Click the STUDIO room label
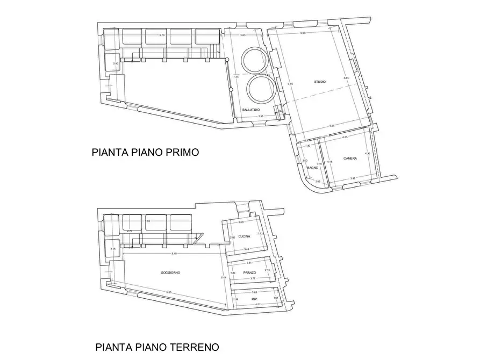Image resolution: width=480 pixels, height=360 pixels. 320,82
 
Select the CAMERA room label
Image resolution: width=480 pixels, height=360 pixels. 350,158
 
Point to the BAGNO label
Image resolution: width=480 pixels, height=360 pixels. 312,168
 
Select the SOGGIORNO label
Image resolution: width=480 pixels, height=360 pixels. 170,273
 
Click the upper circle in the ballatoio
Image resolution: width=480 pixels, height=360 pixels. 253,60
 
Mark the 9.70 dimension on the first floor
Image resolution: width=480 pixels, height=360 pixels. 162,35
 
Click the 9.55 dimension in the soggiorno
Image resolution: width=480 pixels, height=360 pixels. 168,292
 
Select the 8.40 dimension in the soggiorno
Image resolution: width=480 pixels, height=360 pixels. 173,254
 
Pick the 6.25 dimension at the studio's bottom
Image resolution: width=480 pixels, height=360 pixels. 332,126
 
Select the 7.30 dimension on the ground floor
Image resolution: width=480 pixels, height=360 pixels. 148,221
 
